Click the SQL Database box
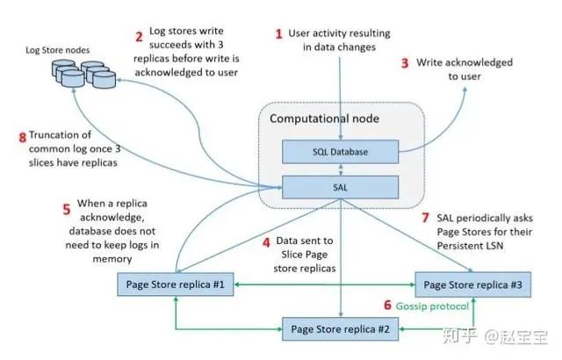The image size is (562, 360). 338,152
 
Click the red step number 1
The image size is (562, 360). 279,34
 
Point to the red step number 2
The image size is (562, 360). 139,37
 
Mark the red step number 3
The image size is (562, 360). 405,63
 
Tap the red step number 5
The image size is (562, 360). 65,210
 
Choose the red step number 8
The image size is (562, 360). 22,136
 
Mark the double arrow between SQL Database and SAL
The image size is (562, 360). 338,169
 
